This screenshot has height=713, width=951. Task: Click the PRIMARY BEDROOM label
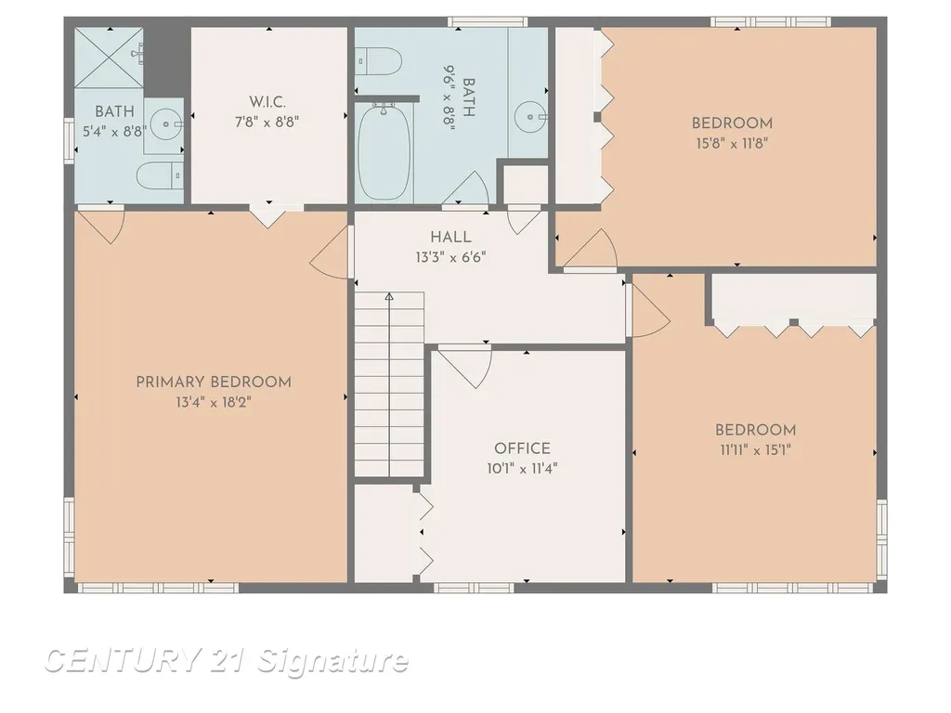pyautogui.click(x=214, y=382)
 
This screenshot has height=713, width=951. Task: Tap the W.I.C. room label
pyautogui.click(x=267, y=102)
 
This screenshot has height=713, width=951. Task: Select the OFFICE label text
pyautogui.click(x=522, y=448)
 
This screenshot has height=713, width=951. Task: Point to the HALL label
pyautogui.click(x=450, y=237)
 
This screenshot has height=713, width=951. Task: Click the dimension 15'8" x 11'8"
pyautogui.click(x=732, y=144)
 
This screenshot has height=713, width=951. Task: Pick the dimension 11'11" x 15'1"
pyautogui.click(x=755, y=450)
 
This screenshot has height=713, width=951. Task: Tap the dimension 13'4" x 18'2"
pyautogui.click(x=214, y=403)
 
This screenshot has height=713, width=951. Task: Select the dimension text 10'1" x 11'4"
pyautogui.click(x=522, y=469)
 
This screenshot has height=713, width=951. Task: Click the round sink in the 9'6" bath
pyautogui.click(x=530, y=116)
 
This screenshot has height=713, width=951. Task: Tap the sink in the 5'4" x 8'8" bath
pyautogui.click(x=165, y=125)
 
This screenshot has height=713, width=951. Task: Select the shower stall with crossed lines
pyautogui.click(x=110, y=58)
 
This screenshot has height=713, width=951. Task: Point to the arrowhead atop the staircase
pyautogui.click(x=389, y=296)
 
